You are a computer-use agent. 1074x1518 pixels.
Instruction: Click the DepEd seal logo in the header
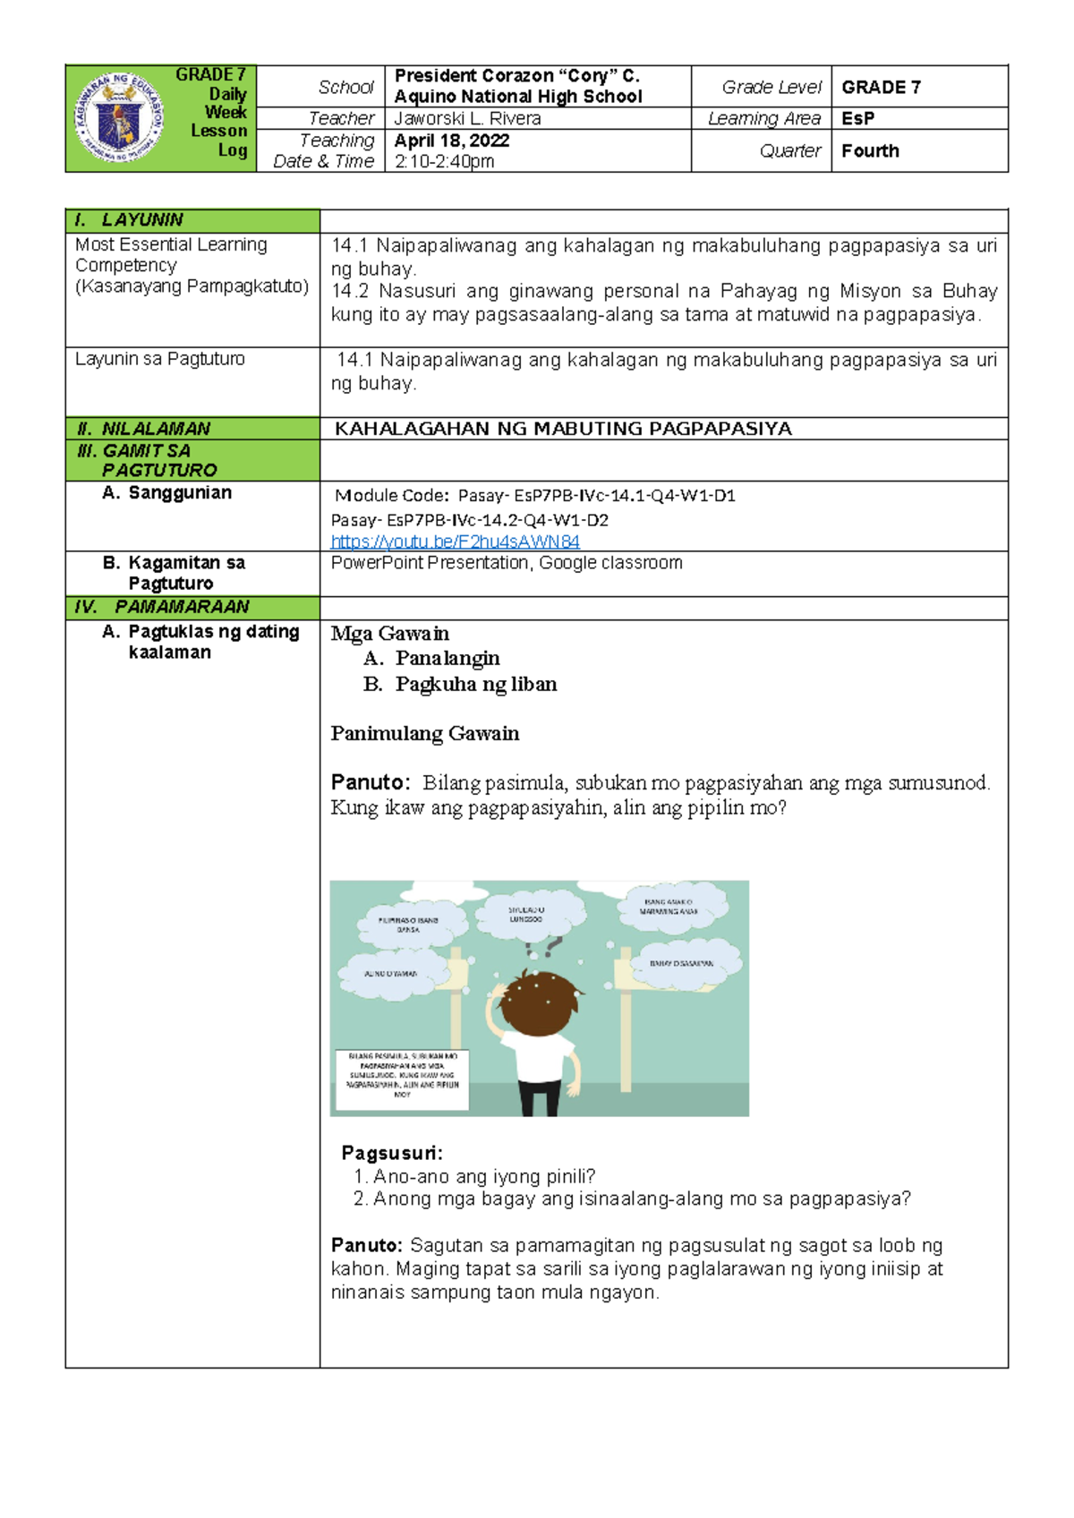tap(118, 118)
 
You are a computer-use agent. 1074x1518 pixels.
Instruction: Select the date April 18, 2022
tap(452, 141)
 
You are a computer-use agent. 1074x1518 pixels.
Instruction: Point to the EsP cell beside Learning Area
tap(857, 118)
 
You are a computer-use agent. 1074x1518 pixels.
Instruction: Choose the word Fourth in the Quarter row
tap(870, 150)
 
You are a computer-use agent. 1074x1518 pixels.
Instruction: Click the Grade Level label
tap(771, 87)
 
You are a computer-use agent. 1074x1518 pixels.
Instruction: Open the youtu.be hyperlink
tap(455, 542)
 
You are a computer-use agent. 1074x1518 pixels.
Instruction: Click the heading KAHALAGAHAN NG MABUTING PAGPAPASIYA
tap(563, 429)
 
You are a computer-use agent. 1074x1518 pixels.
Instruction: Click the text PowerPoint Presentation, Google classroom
tap(507, 563)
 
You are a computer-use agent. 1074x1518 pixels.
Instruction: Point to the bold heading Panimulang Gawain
tap(424, 734)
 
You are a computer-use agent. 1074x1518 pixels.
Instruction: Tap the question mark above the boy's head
tap(552, 945)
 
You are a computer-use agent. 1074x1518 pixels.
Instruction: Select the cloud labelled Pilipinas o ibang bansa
tap(408, 925)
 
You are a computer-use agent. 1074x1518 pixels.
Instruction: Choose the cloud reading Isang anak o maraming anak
tap(668, 907)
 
